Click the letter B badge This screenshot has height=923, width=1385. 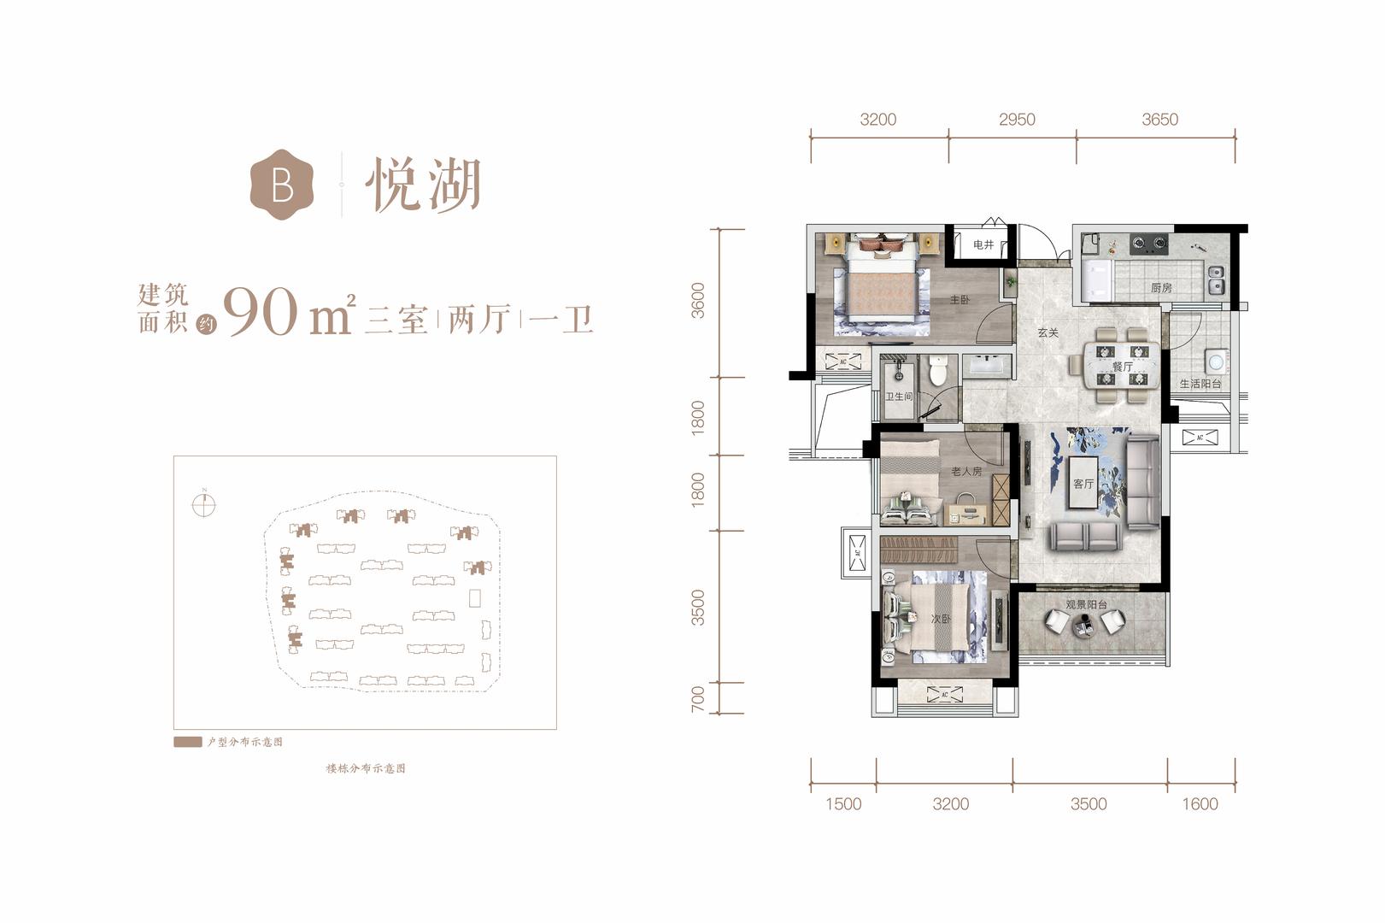click(282, 185)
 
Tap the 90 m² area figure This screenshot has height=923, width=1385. click(289, 313)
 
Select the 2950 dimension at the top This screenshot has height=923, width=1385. click(1017, 119)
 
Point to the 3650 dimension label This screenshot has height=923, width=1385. click(1160, 119)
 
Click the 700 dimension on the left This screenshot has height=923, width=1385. click(697, 698)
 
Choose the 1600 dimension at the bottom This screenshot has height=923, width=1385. click(1200, 803)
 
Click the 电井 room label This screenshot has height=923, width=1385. click(983, 245)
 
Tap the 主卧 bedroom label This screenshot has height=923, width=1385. click(960, 299)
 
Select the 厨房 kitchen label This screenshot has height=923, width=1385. click(1161, 288)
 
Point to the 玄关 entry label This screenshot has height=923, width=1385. click(1048, 332)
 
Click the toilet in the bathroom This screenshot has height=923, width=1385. click(938, 370)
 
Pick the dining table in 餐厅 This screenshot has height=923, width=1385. click(1121, 367)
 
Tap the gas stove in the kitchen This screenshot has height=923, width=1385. click(1149, 244)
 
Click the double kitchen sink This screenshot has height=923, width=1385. click(1216, 279)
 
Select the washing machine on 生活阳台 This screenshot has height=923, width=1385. click(1216, 362)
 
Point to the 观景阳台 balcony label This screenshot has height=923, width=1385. click(1086, 604)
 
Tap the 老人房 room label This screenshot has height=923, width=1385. click(966, 472)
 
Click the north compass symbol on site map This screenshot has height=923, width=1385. click(203, 503)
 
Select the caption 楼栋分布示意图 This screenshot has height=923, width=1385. click(366, 768)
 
